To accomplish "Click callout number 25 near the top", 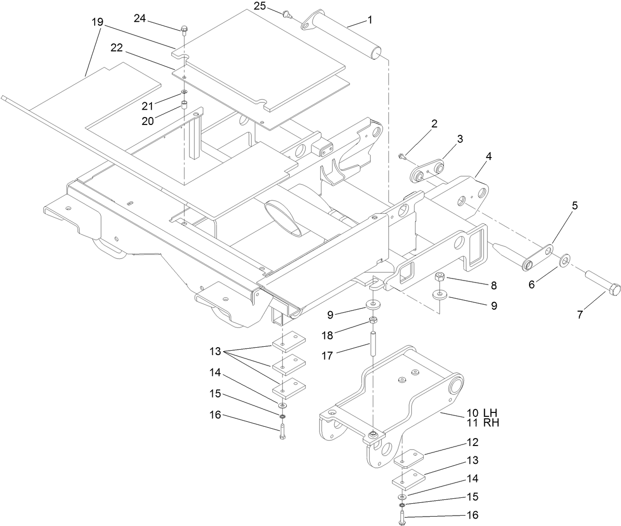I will tap(260, 6).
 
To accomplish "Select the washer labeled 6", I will tap(564, 260).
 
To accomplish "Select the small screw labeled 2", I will tap(402, 157).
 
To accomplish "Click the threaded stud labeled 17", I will tap(373, 342).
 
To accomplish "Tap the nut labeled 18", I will tap(373, 321).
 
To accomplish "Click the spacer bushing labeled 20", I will tap(184, 105).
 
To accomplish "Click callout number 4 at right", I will tap(488, 156).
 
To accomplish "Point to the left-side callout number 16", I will tap(215, 415).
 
